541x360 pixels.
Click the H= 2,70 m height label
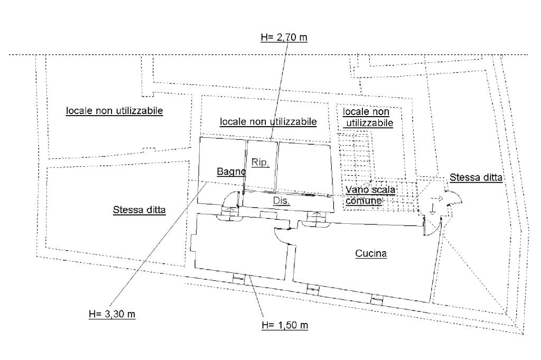[284, 37]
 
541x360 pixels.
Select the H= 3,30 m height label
[112, 314]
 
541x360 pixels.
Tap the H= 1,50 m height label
[285, 325]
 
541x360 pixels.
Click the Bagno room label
[231, 172]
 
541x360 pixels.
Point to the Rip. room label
[260, 163]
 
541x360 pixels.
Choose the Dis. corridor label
[281, 201]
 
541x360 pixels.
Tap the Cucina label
[371, 253]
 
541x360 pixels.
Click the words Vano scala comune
[370, 195]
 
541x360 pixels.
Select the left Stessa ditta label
[139, 210]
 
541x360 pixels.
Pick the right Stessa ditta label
[476, 177]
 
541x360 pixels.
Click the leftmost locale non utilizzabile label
[115, 111]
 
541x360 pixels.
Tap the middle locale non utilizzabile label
[268, 121]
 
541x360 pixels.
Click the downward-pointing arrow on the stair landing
[432, 209]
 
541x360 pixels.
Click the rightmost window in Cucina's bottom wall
[376, 299]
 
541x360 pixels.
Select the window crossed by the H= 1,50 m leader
[239, 278]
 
